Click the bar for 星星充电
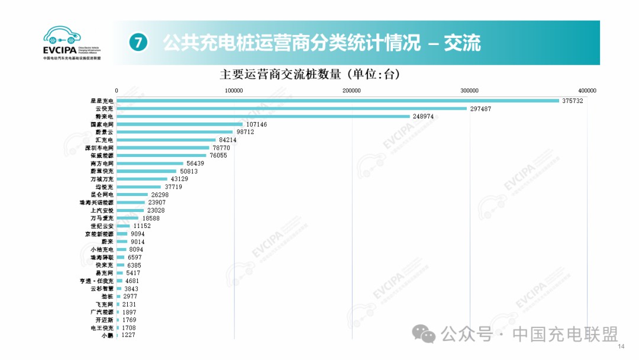(x=338, y=101)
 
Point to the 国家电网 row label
(x=101, y=124)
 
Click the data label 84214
(x=228, y=140)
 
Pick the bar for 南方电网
(x=150, y=163)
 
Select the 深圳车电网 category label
(x=99, y=147)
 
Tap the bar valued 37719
(x=138, y=187)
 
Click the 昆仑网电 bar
(x=132, y=194)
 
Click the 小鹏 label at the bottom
(x=107, y=336)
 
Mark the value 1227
(x=129, y=336)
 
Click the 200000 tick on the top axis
(x=352, y=90)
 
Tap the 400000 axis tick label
(x=587, y=90)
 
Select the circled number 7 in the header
(x=137, y=43)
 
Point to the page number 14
(x=621, y=346)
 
